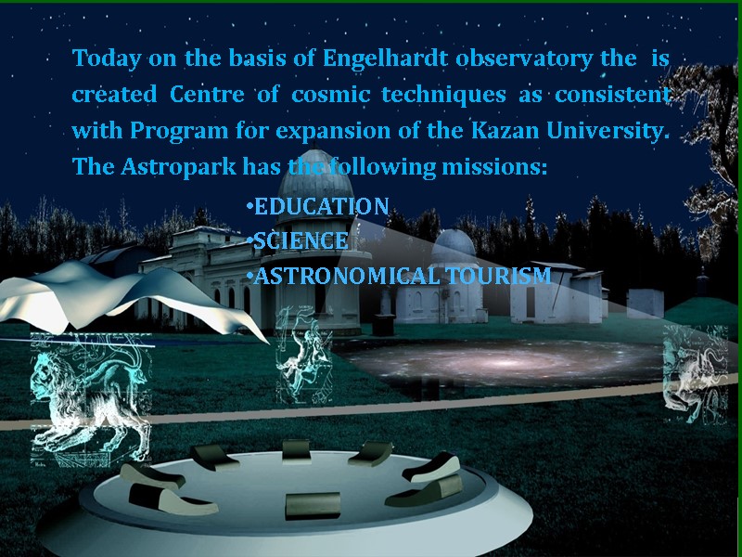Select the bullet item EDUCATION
[x=320, y=206]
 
